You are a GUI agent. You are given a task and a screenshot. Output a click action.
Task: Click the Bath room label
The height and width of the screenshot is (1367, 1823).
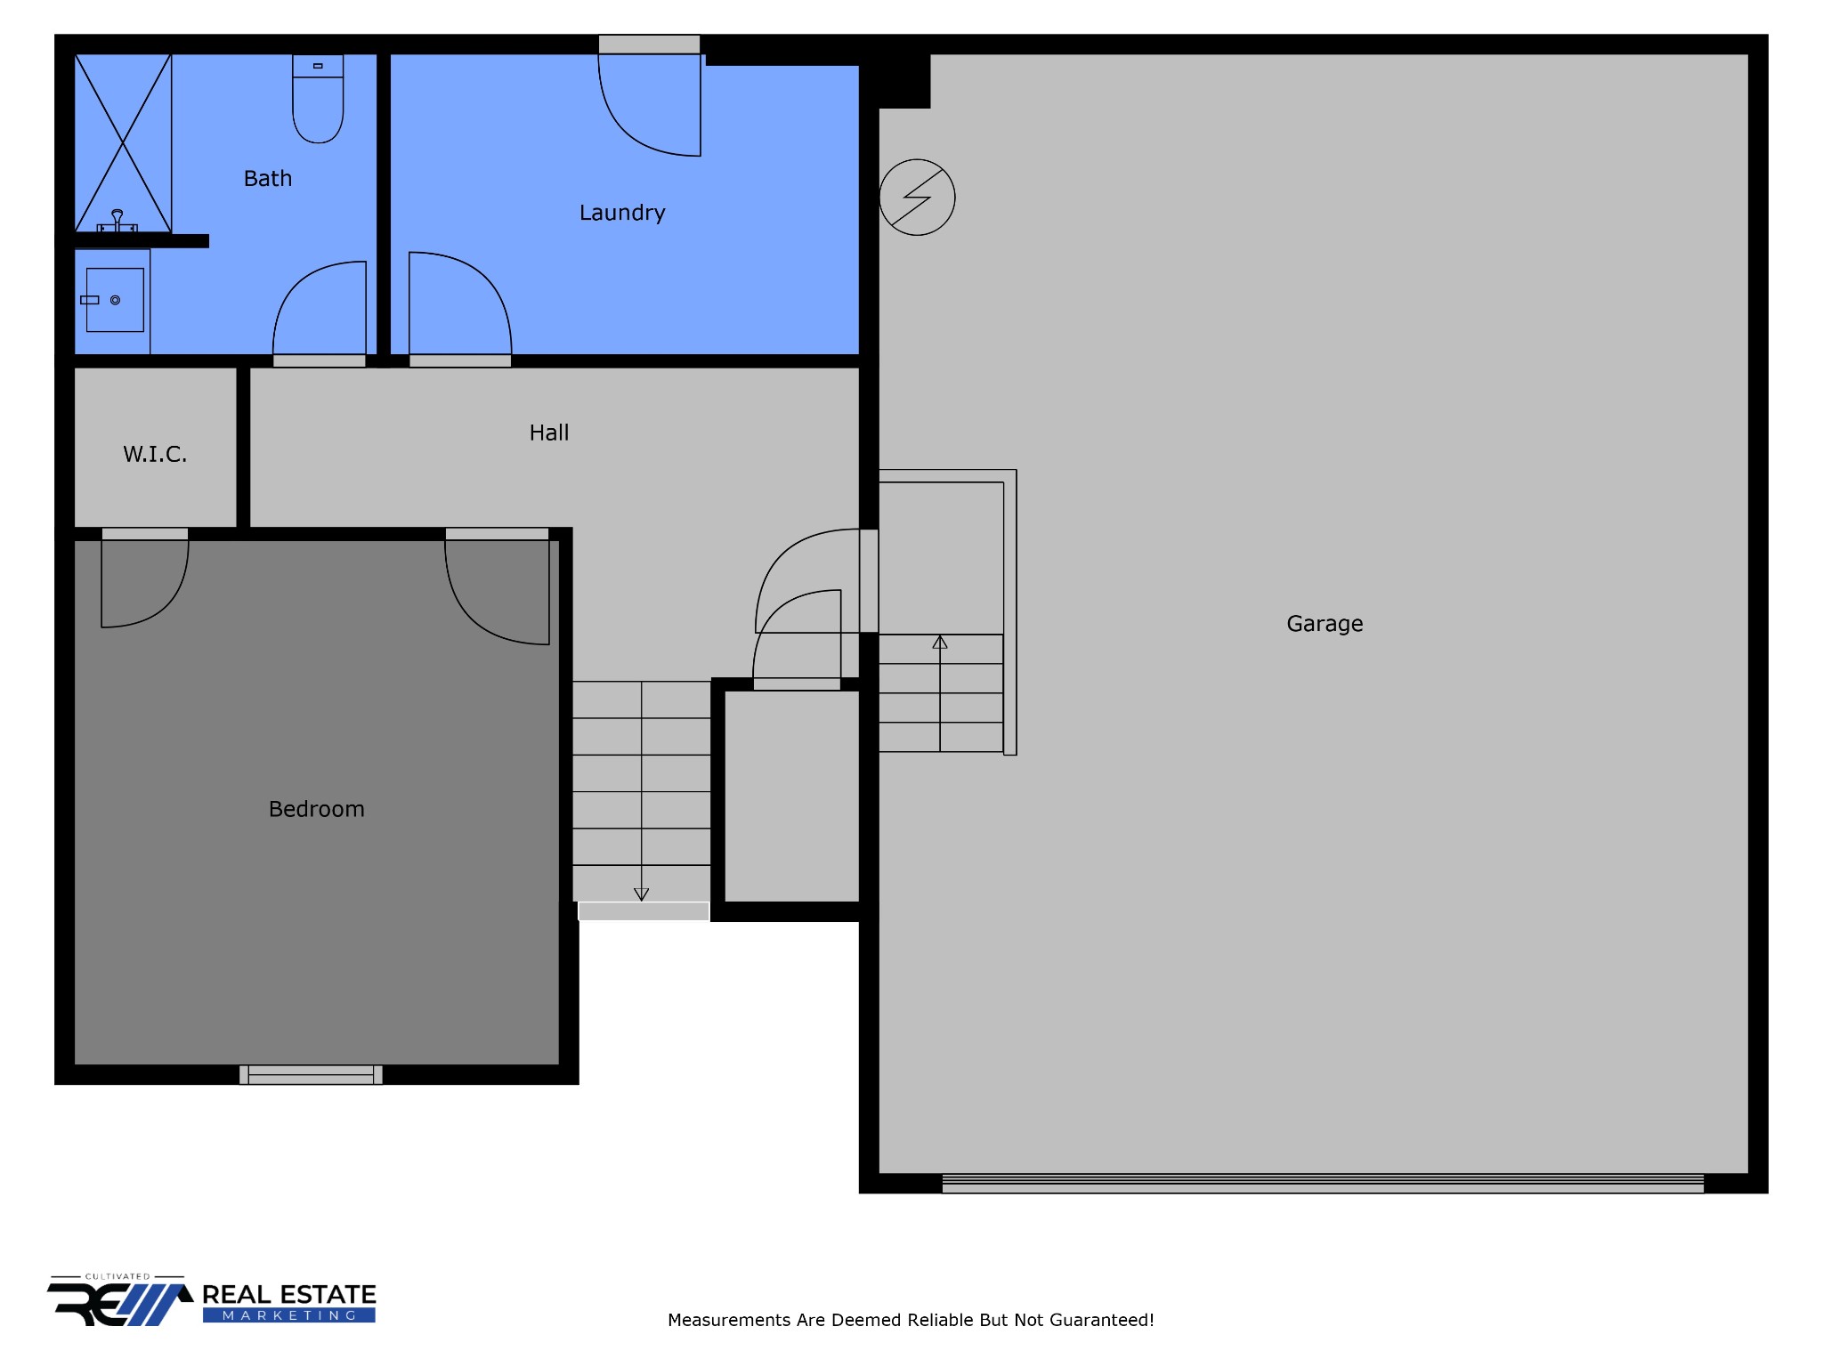tap(268, 179)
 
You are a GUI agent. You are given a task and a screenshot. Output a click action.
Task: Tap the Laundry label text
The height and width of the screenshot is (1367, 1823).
tap(622, 213)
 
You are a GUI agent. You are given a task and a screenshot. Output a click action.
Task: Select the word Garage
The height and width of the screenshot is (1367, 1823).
tap(1325, 624)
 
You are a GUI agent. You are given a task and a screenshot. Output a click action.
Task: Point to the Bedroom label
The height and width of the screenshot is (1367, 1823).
tap(317, 809)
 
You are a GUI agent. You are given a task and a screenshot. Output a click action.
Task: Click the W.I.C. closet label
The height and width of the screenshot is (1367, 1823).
tap(155, 455)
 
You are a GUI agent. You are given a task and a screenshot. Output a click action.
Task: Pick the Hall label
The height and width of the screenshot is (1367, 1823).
tap(549, 433)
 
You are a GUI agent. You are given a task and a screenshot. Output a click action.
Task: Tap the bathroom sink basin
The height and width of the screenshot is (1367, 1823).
tap(115, 300)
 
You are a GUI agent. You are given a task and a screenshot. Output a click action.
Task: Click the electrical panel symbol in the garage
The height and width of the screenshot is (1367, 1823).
tap(917, 198)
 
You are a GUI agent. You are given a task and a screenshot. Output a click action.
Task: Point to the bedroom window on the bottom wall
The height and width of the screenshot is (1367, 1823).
tap(311, 1075)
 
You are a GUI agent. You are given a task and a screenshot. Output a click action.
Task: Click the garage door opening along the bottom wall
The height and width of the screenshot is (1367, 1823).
tap(1323, 1184)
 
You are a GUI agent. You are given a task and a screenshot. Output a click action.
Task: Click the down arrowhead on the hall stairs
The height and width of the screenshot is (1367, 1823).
tap(642, 894)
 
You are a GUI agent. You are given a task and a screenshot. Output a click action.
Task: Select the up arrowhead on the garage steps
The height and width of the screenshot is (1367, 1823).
tap(940, 643)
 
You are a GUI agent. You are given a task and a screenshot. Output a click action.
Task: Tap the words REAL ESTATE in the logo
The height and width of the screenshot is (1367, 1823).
tap(289, 1295)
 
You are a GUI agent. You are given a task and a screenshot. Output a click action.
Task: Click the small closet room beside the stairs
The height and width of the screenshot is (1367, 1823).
tap(791, 795)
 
